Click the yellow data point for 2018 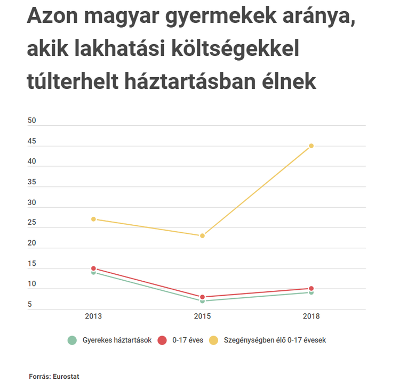tap(311, 146)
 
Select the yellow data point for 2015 tap(203, 235)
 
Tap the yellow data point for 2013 tap(93, 219)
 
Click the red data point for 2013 tap(93, 268)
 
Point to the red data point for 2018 tap(311, 289)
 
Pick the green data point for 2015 tap(203, 301)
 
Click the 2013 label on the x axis tap(93, 316)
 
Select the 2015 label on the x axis tap(203, 316)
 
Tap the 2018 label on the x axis tap(311, 316)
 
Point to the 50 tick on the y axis tap(32, 121)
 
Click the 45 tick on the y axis tap(32, 141)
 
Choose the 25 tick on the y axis tap(32, 223)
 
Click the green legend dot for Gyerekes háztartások tap(71, 340)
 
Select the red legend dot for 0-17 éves tap(163, 340)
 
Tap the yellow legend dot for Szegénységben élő tap(213, 340)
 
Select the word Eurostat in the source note tap(66, 376)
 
